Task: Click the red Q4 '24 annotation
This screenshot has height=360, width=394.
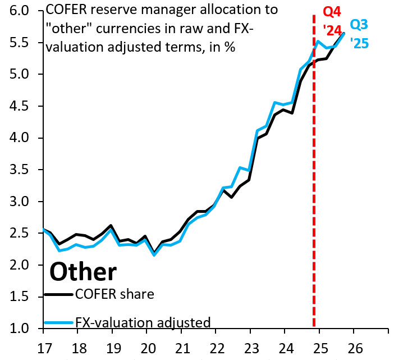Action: [332, 20]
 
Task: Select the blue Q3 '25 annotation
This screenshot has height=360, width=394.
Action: [359, 33]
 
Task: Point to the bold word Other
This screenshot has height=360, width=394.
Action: [83, 272]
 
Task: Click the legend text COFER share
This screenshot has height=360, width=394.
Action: [114, 294]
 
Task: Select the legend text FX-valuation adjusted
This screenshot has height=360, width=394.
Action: [144, 322]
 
